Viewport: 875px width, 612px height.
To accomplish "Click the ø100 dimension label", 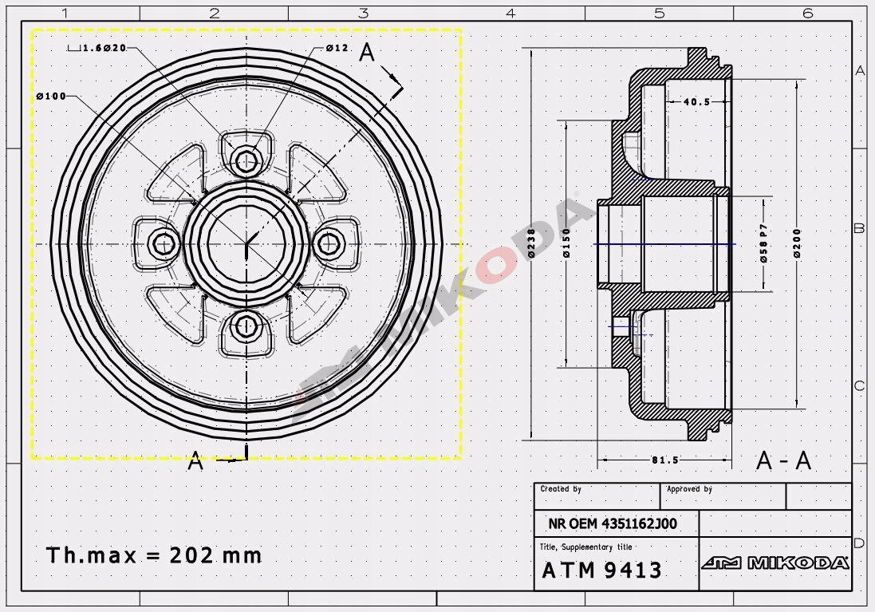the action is coord(51,96).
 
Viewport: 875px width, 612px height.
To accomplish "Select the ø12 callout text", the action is coord(337,48).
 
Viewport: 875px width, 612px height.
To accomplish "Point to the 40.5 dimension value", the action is coord(696,101).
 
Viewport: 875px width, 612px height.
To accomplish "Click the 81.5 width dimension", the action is coord(665,460).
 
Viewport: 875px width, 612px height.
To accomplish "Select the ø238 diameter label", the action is coord(531,243).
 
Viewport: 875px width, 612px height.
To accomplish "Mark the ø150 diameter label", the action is coord(566,243).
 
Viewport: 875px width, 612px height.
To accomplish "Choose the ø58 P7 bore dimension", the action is coord(763,243).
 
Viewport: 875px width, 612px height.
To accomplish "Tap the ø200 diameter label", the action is coord(797,243).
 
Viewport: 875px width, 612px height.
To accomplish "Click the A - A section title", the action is coord(783,461).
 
